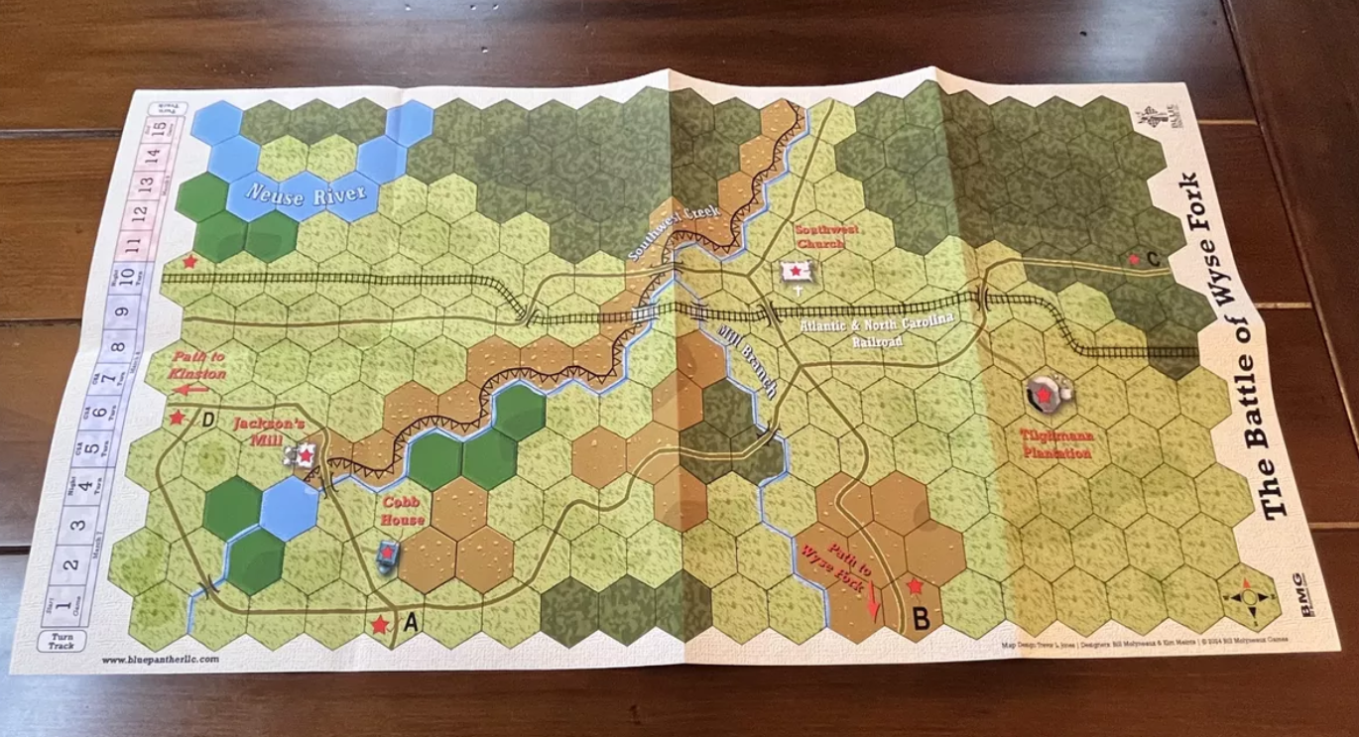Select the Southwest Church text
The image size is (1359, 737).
[819, 235]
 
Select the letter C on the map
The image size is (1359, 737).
[1152, 260]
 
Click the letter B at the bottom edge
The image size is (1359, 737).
[921, 620]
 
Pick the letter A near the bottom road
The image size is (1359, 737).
[412, 623]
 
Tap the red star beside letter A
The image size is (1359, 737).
[379, 625]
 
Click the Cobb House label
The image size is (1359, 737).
[404, 511]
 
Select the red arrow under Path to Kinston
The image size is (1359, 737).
[192, 390]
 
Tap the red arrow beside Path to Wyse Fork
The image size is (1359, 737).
[874, 602]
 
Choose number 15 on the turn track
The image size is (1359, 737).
[155, 131]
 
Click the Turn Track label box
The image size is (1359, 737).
[66, 641]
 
